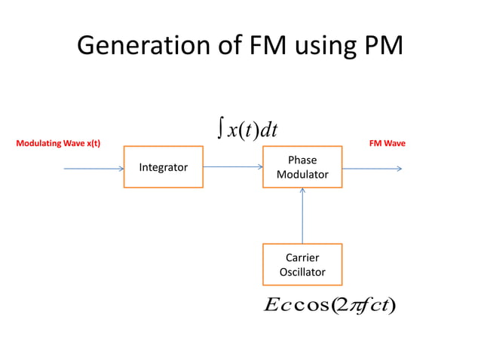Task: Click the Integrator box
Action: (x=163, y=167)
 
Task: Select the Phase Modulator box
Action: (x=302, y=167)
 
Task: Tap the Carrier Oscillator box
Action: (x=302, y=264)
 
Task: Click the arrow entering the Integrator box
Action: (x=93, y=169)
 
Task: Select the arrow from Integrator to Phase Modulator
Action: (x=232, y=166)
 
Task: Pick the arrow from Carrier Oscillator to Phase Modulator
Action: (x=302, y=215)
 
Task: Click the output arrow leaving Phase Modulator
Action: (x=372, y=169)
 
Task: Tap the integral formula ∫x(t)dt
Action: (x=247, y=130)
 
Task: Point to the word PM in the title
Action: (x=382, y=47)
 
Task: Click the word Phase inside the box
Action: (x=302, y=160)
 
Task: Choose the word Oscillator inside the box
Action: (x=302, y=272)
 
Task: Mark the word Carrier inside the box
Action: (x=302, y=258)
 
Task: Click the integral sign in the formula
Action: (x=219, y=130)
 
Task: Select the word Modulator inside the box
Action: (x=302, y=175)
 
